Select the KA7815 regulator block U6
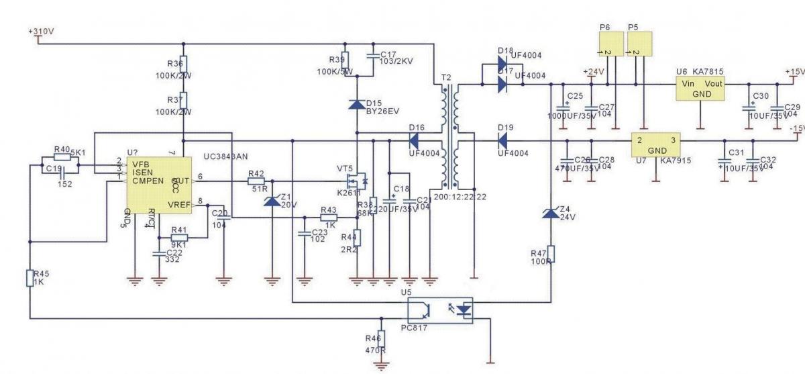700,87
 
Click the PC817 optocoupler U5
439,310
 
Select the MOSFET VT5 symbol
354,181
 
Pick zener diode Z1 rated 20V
272,201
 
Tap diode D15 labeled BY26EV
356,105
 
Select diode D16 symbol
414,141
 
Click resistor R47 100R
550,254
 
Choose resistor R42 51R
256,181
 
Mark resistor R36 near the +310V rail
183,65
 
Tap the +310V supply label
41,32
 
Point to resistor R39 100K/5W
345,58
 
